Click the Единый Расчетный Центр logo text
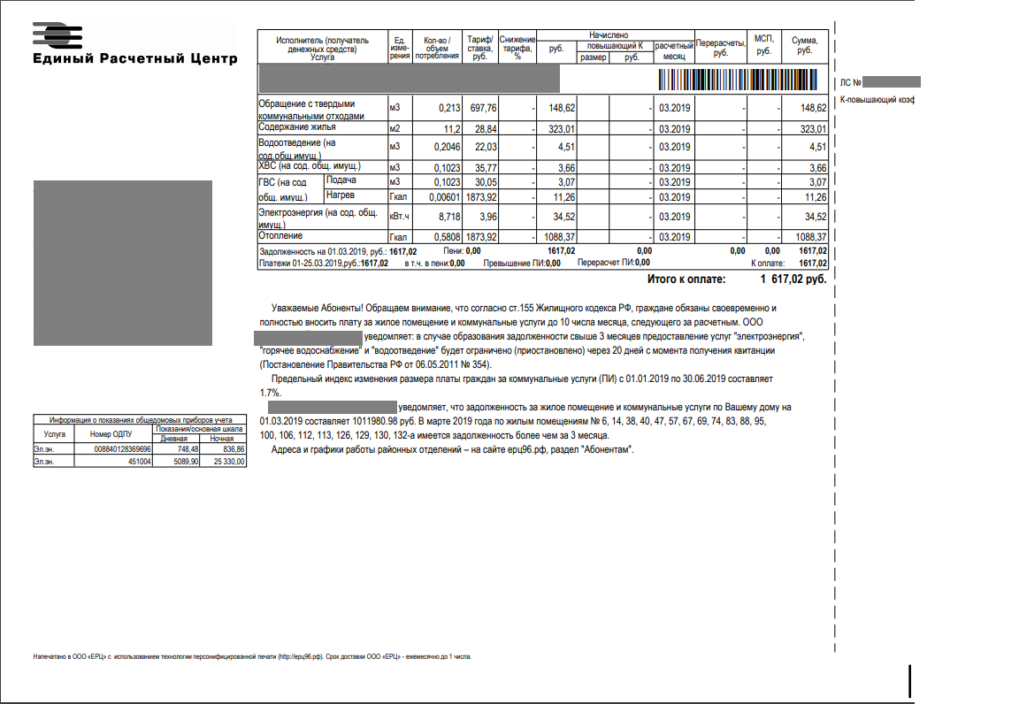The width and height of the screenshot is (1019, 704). point(134,59)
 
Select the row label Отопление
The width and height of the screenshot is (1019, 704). point(280,236)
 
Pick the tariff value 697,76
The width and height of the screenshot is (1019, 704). point(485,108)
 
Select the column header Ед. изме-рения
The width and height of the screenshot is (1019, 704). point(400,47)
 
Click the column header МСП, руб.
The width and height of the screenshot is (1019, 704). point(763,45)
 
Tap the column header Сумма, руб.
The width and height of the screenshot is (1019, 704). point(805,45)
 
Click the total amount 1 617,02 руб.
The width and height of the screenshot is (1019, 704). point(793,279)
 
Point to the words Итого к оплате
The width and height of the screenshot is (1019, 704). point(686,279)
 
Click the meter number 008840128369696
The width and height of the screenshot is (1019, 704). point(122,449)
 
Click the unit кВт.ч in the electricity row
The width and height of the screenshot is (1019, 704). point(399,216)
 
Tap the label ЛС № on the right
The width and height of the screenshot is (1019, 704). point(850,82)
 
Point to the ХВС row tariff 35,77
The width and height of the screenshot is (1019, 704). point(485,168)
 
